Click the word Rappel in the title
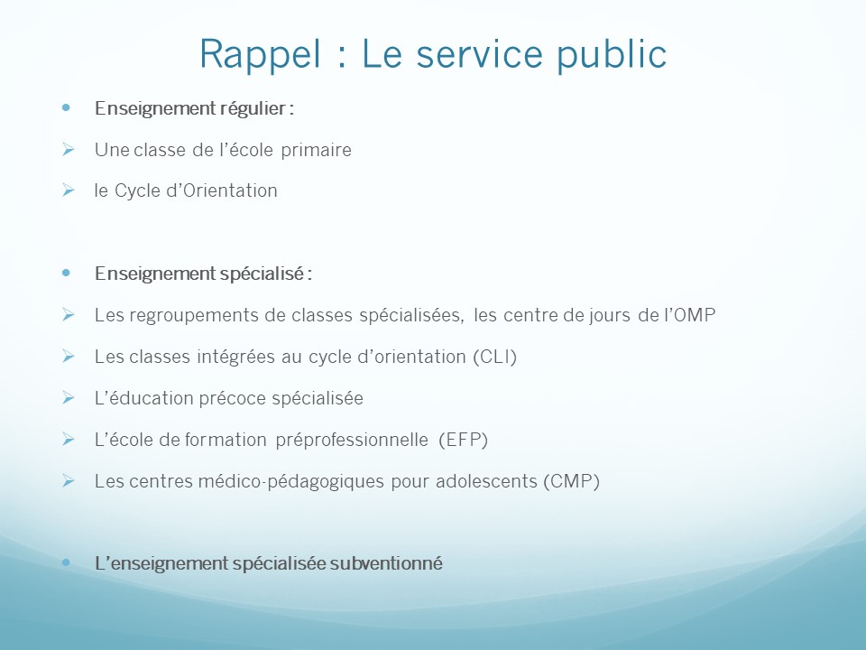click(x=260, y=55)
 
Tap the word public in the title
click(x=612, y=55)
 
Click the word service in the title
click(x=479, y=55)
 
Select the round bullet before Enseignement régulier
click(x=66, y=107)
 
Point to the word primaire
click(x=316, y=151)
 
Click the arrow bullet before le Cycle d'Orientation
click(x=69, y=190)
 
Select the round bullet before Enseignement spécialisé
click(x=66, y=273)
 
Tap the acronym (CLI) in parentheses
click(x=495, y=357)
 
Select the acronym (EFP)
click(x=464, y=440)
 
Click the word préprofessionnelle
click(x=352, y=440)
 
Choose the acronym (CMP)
click(x=572, y=481)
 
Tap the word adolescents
click(x=486, y=481)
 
